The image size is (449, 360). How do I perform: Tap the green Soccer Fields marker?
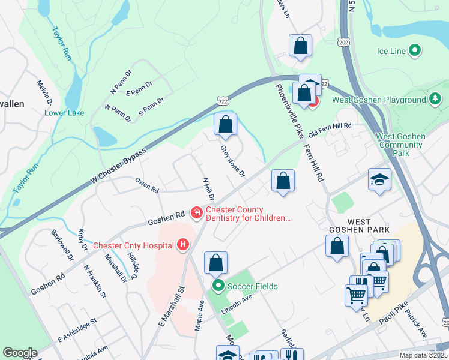217,286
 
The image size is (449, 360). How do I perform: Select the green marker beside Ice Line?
414,51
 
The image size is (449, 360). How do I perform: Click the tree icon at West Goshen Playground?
436,100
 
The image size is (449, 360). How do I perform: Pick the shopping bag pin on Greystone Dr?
225,125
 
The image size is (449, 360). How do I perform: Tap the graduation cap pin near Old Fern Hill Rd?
379,179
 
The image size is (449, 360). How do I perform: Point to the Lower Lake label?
64,113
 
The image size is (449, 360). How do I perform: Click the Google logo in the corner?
20,353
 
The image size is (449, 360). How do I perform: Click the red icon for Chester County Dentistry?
196,213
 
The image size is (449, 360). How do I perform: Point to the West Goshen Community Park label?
400,145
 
